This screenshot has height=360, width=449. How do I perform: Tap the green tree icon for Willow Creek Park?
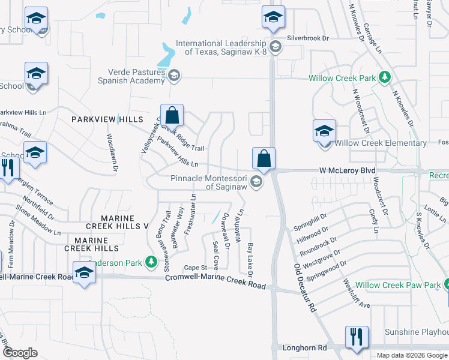tap(385, 78)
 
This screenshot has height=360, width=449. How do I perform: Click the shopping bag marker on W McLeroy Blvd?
tap(264, 160)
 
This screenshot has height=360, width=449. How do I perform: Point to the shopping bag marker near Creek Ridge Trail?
tap(172, 116)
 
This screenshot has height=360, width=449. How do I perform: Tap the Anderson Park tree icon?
tap(152, 262)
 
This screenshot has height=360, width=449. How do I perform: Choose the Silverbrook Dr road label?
tap(309, 38)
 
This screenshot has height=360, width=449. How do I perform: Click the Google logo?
tap(20, 352)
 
